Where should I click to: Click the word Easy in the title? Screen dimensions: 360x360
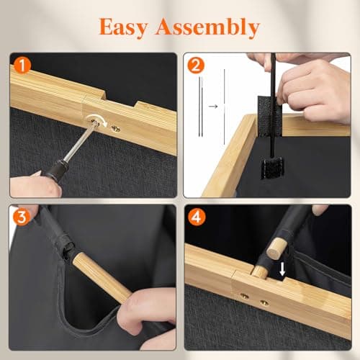coord(123,28)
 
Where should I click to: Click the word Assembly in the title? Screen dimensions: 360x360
coord(208,28)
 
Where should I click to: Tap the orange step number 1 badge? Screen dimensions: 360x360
coord(22,66)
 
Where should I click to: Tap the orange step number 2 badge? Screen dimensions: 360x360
coord(196,66)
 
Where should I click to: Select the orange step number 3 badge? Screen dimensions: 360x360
coord(22,217)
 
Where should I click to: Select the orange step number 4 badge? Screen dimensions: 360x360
coord(197,217)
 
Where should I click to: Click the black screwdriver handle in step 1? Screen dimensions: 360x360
coord(55,168)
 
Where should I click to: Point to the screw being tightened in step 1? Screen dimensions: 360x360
coord(95,123)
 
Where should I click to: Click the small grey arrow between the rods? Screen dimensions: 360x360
coord(213,106)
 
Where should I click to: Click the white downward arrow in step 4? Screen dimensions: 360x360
coord(282,269)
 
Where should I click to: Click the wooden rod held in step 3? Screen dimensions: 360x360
coord(102,278)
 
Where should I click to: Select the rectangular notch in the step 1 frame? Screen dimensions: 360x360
coord(120,99)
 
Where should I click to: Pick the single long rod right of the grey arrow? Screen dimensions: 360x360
coord(225,107)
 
